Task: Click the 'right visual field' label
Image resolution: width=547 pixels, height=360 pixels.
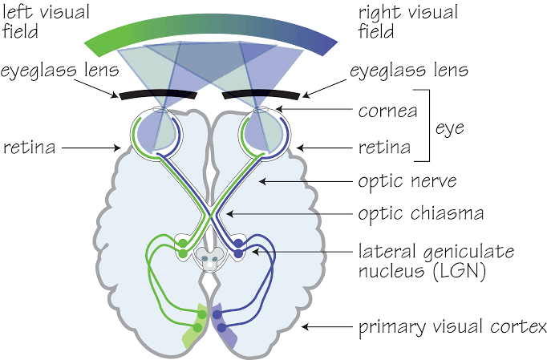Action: (408, 22)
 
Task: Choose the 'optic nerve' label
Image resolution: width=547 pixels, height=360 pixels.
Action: (407, 181)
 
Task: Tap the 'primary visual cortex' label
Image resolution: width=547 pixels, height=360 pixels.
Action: (452, 327)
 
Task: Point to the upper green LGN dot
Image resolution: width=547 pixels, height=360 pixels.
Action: (183, 242)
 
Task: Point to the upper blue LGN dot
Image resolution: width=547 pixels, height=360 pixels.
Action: (238, 242)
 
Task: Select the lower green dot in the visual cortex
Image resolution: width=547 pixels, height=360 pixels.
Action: (197, 328)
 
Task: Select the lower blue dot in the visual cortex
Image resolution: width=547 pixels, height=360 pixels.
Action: (221, 328)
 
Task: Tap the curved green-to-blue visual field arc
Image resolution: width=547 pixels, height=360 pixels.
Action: (210, 26)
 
